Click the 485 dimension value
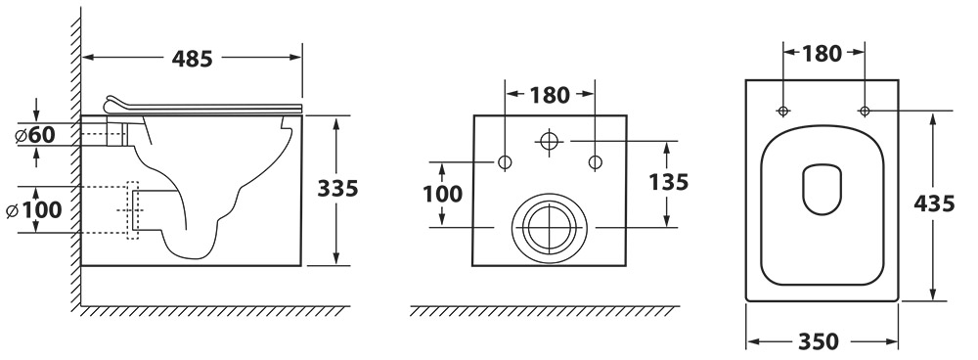coord(192,59)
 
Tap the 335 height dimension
coord(337,188)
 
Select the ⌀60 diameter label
coord(36,134)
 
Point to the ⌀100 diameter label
coord(33,210)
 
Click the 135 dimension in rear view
coord(669,182)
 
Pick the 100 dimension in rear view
coord(443,194)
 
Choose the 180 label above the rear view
coord(550,96)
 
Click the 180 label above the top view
coord(822,54)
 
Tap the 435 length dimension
coord(934,203)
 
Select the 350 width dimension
coord(819,342)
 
